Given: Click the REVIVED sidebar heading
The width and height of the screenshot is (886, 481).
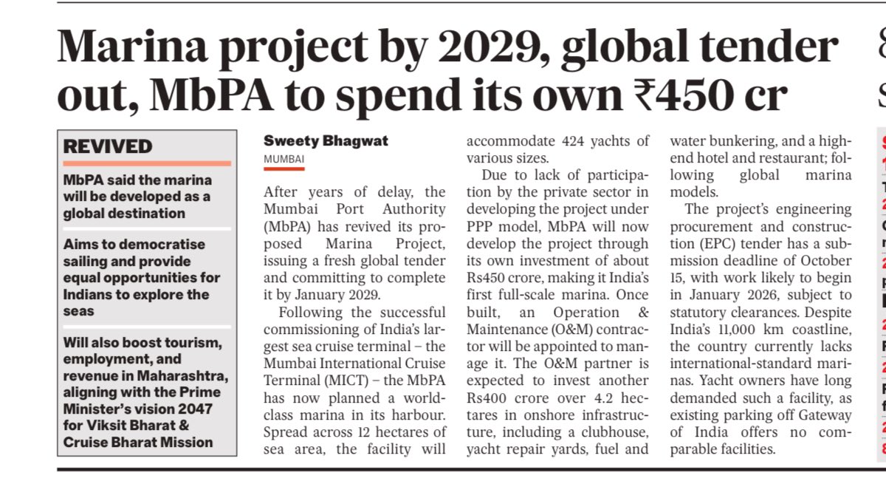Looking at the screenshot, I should click(108, 146).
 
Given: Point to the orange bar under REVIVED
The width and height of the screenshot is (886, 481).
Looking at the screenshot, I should click(147, 163).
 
